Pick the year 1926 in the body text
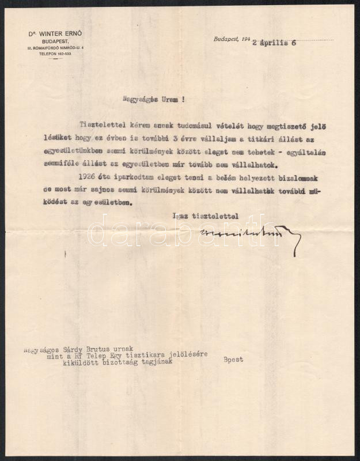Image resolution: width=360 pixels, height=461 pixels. (x=86, y=175)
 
